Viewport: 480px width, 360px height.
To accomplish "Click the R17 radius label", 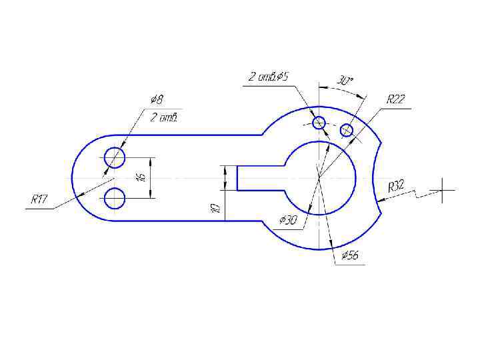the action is pos(39,199).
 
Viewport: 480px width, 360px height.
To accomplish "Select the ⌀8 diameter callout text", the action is pos(157,99).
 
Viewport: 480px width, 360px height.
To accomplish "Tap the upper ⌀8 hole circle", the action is pos(115,157).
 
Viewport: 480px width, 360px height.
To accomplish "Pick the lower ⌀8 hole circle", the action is pos(115,199).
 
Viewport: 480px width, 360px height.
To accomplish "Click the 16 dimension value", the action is pos(142,177).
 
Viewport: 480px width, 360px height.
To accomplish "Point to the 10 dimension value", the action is pos(215,208).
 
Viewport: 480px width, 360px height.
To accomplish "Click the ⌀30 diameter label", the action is pos(288,220).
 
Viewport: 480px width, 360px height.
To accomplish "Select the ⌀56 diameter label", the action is pos(350,255).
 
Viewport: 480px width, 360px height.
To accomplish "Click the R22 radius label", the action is pos(396,99).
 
